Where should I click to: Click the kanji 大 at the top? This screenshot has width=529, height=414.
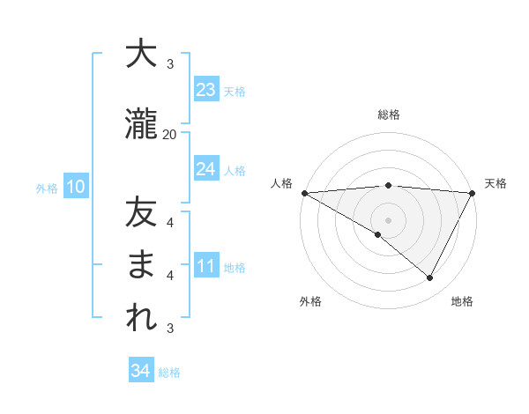[x=141, y=55]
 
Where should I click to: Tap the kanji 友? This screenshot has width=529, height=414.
[x=141, y=214]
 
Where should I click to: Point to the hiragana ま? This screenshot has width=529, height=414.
[x=141, y=266]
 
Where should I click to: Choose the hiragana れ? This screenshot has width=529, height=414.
[x=141, y=319]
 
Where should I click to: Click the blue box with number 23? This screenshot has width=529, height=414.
[x=206, y=90]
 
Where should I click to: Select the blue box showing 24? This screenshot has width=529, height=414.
[x=206, y=169]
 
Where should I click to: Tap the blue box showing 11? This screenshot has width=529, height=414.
[x=206, y=266]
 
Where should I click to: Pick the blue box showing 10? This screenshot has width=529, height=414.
[x=75, y=187]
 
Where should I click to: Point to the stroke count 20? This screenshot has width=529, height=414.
[x=170, y=134]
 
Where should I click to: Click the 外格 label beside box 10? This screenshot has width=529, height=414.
[x=46, y=188]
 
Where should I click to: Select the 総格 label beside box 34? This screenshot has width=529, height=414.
[x=170, y=373]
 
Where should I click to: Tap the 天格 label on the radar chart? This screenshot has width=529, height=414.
[x=496, y=183]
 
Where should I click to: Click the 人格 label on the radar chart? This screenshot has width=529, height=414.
[x=282, y=183]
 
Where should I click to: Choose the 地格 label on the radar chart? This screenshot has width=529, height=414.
[x=462, y=301]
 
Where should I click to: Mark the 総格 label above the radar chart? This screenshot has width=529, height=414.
[x=389, y=115]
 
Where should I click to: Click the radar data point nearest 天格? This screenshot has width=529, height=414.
[x=473, y=192]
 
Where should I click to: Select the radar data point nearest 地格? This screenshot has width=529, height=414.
[x=430, y=278]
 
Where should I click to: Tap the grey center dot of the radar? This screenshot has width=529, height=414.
[x=389, y=219]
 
